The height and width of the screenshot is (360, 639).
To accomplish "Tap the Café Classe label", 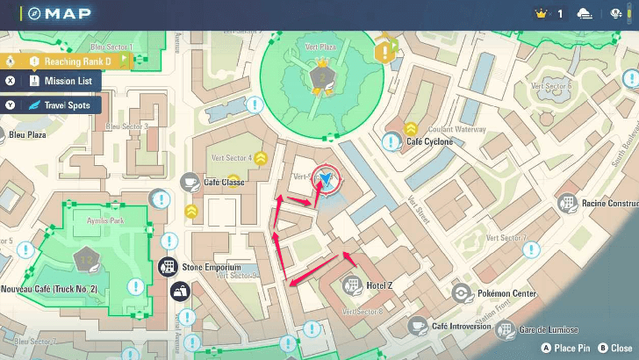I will point(224,182).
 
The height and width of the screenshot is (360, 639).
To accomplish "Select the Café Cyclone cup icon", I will point(392,140).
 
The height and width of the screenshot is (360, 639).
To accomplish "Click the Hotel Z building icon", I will point(352,285).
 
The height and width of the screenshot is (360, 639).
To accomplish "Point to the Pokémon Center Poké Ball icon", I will point(460,293).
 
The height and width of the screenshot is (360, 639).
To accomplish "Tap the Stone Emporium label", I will point(212,266).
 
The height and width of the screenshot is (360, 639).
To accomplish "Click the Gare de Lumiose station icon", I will point(505,330).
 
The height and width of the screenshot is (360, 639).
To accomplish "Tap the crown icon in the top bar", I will point(541,13).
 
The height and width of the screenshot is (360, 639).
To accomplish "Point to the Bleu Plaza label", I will point(26,136).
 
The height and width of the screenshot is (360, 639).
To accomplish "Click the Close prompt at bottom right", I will point(614,349).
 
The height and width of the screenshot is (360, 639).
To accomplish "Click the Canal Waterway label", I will point(457,129).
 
